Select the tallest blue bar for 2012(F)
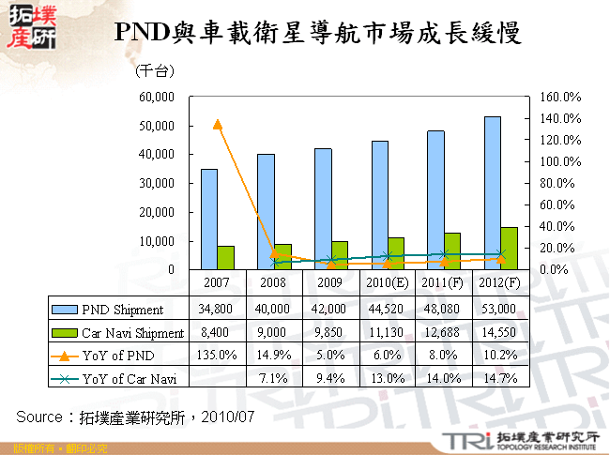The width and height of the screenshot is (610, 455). coord(494,193)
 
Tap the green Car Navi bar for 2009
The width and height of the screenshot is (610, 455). coord(340,255)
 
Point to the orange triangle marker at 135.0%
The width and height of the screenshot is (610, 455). coord(218,124)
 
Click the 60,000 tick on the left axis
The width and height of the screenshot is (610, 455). coord(157,97)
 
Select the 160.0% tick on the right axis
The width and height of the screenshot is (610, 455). coord(560,97)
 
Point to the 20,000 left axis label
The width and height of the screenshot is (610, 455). coord(157,212)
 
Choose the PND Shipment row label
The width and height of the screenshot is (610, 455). coord(122,309)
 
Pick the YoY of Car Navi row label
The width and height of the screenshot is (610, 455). coord(128,379)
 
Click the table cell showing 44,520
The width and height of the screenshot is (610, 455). coord(387,309)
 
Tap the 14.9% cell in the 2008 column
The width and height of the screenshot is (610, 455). coord(273,356)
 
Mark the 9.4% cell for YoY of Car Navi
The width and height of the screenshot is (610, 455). coord(330,379)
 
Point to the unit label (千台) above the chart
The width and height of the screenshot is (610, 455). coord(155,71)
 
